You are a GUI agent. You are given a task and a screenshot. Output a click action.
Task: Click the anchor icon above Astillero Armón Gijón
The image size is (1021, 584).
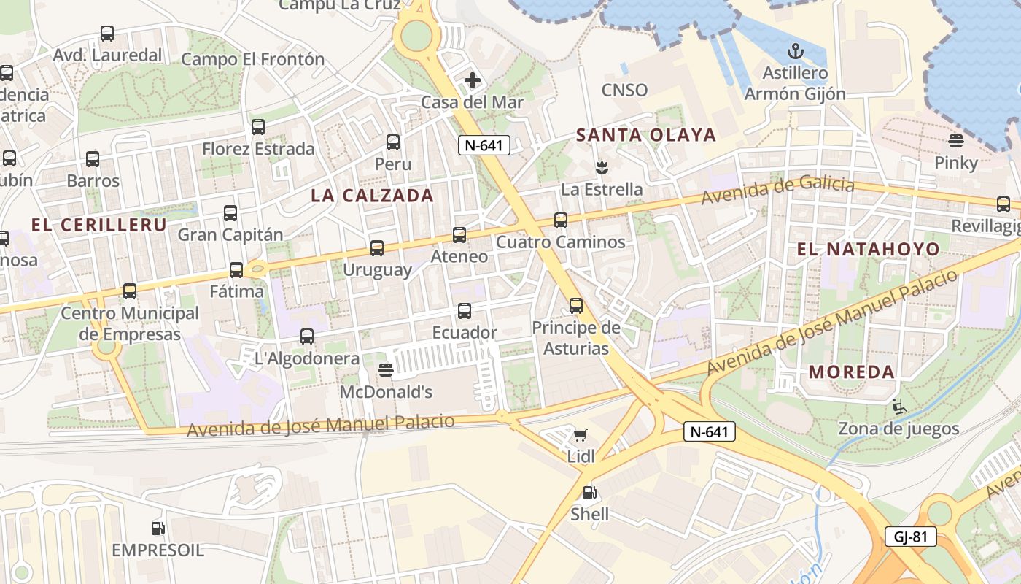tap(795, 51)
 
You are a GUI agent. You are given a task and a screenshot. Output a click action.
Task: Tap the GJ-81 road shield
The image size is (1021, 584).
tap(911, 537)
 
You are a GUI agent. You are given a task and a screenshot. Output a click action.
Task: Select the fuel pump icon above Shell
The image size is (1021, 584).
tap(589, 493)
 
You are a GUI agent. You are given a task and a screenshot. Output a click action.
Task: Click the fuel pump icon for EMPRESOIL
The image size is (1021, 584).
tap(158, 529)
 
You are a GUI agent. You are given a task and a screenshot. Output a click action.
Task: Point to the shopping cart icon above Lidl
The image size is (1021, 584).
tap(581, 437)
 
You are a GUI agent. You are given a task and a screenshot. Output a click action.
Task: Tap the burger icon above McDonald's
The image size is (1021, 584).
tap(386, 371)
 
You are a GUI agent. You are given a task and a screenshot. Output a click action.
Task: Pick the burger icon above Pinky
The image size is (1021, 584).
tap(956, 141)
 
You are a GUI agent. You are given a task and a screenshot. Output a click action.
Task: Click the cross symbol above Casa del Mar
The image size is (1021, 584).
tap(473, 80)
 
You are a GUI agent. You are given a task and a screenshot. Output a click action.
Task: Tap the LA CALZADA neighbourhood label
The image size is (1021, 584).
tap(372, 196)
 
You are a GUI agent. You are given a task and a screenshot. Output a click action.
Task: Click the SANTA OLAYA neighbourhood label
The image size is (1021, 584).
tap(646, 135)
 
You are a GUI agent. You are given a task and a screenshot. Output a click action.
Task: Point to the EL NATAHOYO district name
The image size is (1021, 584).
tap(868, 249)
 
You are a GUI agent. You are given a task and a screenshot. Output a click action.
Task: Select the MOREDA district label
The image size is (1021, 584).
tap(852, 372)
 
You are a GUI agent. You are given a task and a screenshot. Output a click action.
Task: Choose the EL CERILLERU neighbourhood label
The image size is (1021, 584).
tap(99, 225)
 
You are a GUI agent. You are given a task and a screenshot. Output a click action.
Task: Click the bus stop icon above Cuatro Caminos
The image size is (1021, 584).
tap(560, 220)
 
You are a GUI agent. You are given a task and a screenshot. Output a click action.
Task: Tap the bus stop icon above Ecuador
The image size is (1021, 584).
tap(465, 312)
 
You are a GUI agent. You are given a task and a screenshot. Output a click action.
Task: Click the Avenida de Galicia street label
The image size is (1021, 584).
tap(777, 189)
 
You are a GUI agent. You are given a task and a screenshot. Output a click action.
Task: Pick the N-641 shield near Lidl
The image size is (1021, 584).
tap(710, 432)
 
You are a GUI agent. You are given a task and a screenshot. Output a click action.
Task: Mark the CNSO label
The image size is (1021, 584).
tap(624, 90)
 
